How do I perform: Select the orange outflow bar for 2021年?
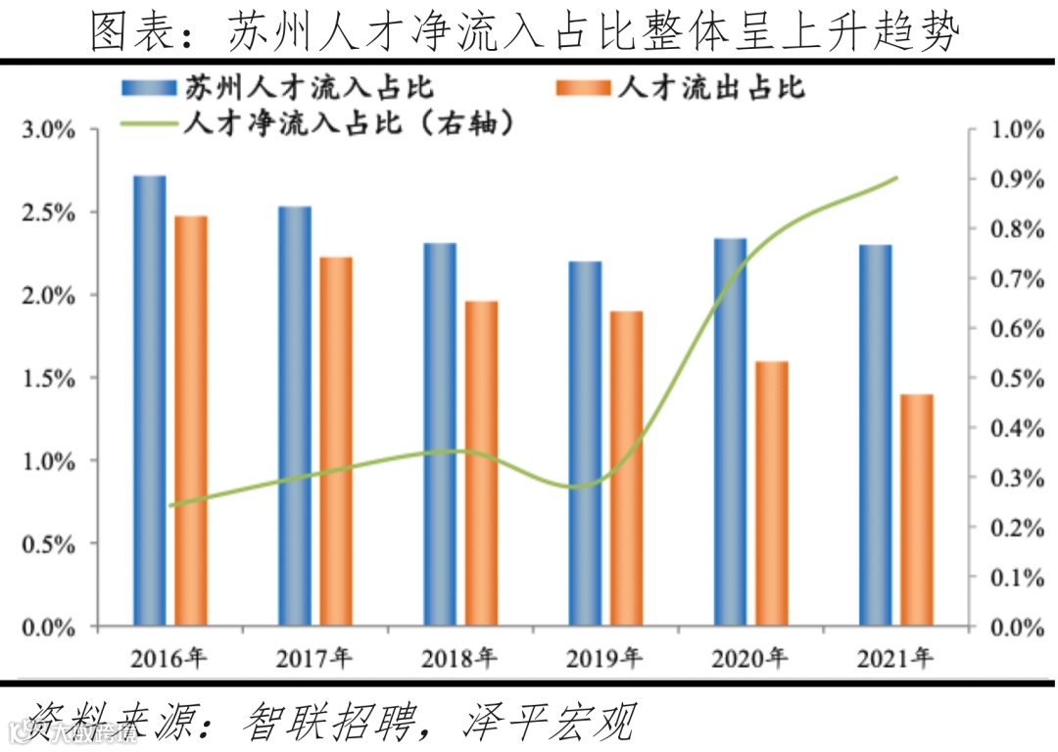pos(918,509)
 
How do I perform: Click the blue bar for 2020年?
pos(730,431)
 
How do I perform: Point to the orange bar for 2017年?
pos(336,441)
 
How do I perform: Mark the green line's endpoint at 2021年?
pos(896,178)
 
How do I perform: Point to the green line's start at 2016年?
pos(170,505)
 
